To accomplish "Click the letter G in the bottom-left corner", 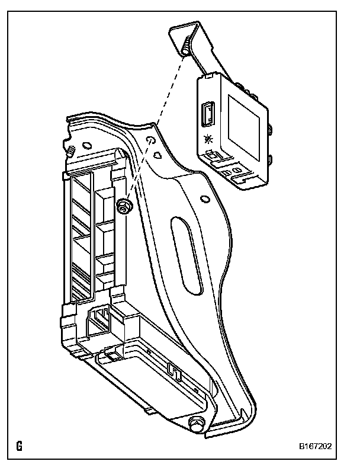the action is click(20, 446).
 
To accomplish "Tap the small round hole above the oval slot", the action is click(205, 198).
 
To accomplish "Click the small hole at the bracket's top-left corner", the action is click(86, 143).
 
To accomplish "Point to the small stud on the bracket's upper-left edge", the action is click(70, 150).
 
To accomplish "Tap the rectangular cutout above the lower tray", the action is click(98, 323).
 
